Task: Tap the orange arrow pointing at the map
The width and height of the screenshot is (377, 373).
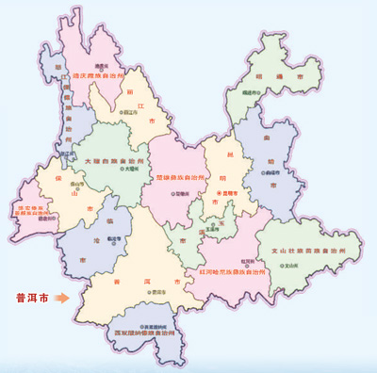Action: click(62, 299)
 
